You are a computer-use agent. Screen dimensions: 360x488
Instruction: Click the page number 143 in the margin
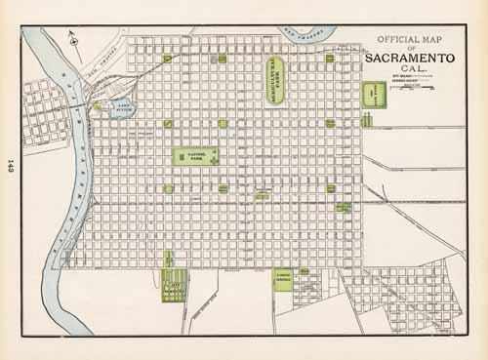10,166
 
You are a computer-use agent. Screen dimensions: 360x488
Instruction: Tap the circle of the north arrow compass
74,34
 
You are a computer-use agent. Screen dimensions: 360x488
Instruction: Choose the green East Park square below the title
375,95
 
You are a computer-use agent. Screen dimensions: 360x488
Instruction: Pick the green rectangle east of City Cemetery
283,277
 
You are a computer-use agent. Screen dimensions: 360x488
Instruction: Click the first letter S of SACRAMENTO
371,57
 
